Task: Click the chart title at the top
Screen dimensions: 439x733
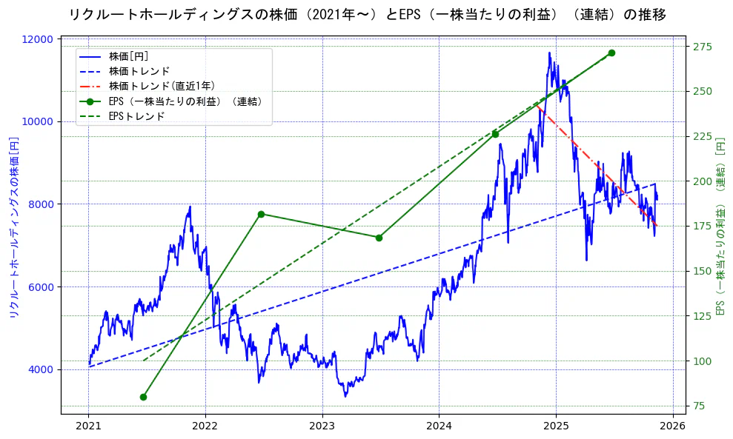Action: [366, 15]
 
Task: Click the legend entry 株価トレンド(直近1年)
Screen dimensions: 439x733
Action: [162, 86]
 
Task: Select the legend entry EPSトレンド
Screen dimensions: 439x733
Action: [136, 116]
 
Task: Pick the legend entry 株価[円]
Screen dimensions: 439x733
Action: [129, 56]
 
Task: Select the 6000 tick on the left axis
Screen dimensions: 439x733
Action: [43, 287]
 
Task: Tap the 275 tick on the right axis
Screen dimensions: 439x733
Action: [703, 47]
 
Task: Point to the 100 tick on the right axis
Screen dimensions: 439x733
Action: [703, 361]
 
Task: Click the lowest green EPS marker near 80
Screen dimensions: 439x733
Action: [143, 397]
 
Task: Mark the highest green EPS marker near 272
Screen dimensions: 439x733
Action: [611, 53]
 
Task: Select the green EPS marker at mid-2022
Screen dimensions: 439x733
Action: [261, 214]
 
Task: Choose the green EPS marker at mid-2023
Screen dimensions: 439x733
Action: [379, 238]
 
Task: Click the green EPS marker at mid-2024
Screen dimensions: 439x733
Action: [495, 134]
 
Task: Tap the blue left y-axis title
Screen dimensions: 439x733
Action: [13, 227]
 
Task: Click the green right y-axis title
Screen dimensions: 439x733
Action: [720, 227]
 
